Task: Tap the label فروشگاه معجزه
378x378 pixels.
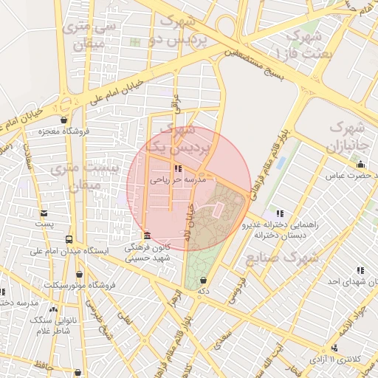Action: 65,131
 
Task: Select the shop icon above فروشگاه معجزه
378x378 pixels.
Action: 64,120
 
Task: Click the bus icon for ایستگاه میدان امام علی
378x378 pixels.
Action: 69,240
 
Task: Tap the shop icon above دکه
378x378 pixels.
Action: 203,280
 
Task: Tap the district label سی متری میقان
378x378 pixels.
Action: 91,34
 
